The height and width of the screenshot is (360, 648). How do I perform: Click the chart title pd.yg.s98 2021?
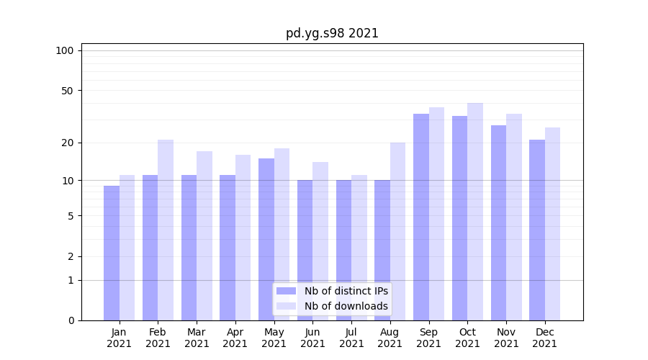pos(332,33)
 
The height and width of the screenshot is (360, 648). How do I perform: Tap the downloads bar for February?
pos(166,230)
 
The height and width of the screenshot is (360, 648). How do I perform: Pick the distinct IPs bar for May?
pos(266,239)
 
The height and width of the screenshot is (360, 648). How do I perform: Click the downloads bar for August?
pos(397,232)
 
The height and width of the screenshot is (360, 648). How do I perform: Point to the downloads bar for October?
pos(475,212)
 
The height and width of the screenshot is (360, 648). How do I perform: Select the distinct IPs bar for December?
pos(537,230)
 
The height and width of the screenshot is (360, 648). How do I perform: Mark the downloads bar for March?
pos(204,236)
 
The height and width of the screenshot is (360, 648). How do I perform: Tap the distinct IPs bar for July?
pos(344,251)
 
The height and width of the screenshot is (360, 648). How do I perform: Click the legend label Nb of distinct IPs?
pos(346,291)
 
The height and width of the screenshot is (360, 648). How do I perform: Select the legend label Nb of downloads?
pos(346,306)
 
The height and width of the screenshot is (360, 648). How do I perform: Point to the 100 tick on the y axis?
pos(65,50)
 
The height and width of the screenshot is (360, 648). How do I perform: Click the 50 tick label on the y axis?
pos(68,91)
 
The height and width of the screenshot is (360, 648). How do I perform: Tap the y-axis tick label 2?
pos(71,256)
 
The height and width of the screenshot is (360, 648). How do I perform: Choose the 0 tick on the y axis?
pos(71,320)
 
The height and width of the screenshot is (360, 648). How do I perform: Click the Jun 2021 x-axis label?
pos(312,338)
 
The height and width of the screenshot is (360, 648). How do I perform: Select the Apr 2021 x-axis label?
pos(235,338)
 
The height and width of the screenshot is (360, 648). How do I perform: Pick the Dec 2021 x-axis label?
pos(545,338)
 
